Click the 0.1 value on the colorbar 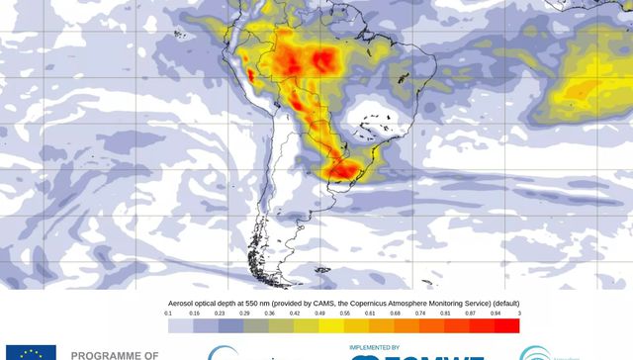[x=168, y=314]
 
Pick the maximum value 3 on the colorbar [x=518, y=314]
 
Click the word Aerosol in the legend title [x=187, y=302]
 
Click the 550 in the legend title [x=258, y=302]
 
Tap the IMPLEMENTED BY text [x=374, y=348]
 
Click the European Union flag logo [x=30, y=353]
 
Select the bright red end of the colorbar [x=506, y=325]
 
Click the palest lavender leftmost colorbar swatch [x=180, y=325]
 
